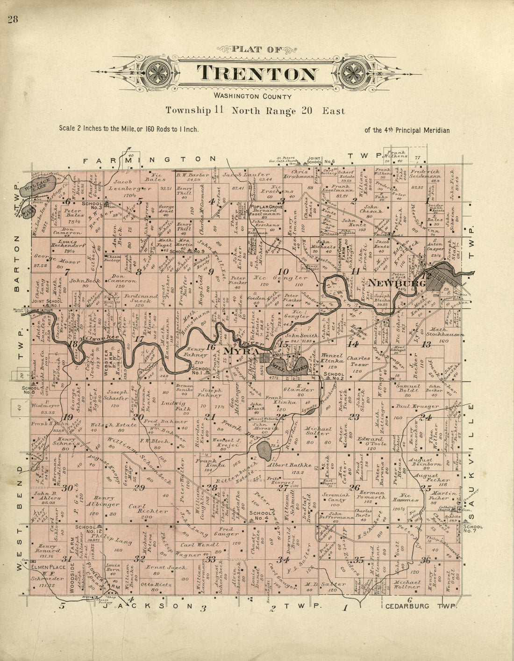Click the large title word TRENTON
click(257, 74)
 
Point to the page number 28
click(12, 20)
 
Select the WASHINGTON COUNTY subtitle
click(252, 96)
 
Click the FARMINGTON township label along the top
click(150, 160)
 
